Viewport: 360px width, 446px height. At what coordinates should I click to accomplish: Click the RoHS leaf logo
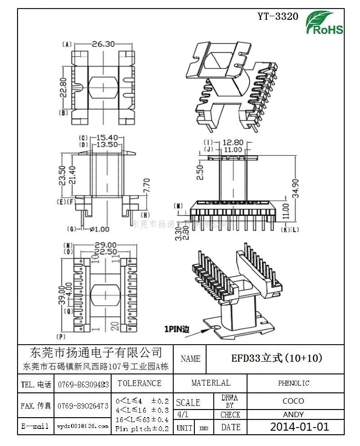pyautogui.click(x=324, y=23)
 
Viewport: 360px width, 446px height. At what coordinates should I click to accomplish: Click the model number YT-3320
pyautogui.click(x=278, y=17)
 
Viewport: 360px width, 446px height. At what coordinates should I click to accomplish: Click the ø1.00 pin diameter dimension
pyautogui.click(x=100, y=229)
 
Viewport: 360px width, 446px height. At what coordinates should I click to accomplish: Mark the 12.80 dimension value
pyautogui.click(x=233, y=142)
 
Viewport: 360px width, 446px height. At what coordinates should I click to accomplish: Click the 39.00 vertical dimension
pyautogui.click(x=63, y=295)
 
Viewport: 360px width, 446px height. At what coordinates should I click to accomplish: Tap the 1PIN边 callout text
pyautogui.click(x=176, y=329)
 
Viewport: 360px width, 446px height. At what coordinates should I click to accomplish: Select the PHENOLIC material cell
pyautogui.click(x=293, y=383)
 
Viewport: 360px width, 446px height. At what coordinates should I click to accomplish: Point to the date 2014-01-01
pyautogui.click(x=299, y=427)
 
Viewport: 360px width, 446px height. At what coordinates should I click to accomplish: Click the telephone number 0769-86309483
pyautogui.click(x=83, y=385)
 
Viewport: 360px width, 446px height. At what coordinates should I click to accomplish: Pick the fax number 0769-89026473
pyautogui.click(x=83, y=406)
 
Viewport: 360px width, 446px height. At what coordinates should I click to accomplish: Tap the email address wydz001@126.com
pyautogui.click(x=83, y=426)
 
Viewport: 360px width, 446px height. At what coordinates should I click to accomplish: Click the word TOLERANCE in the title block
pyautogui.click(x=139, y=383)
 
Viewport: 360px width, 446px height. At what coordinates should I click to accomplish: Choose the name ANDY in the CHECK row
pyautogui.click(x=293, y=414)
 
